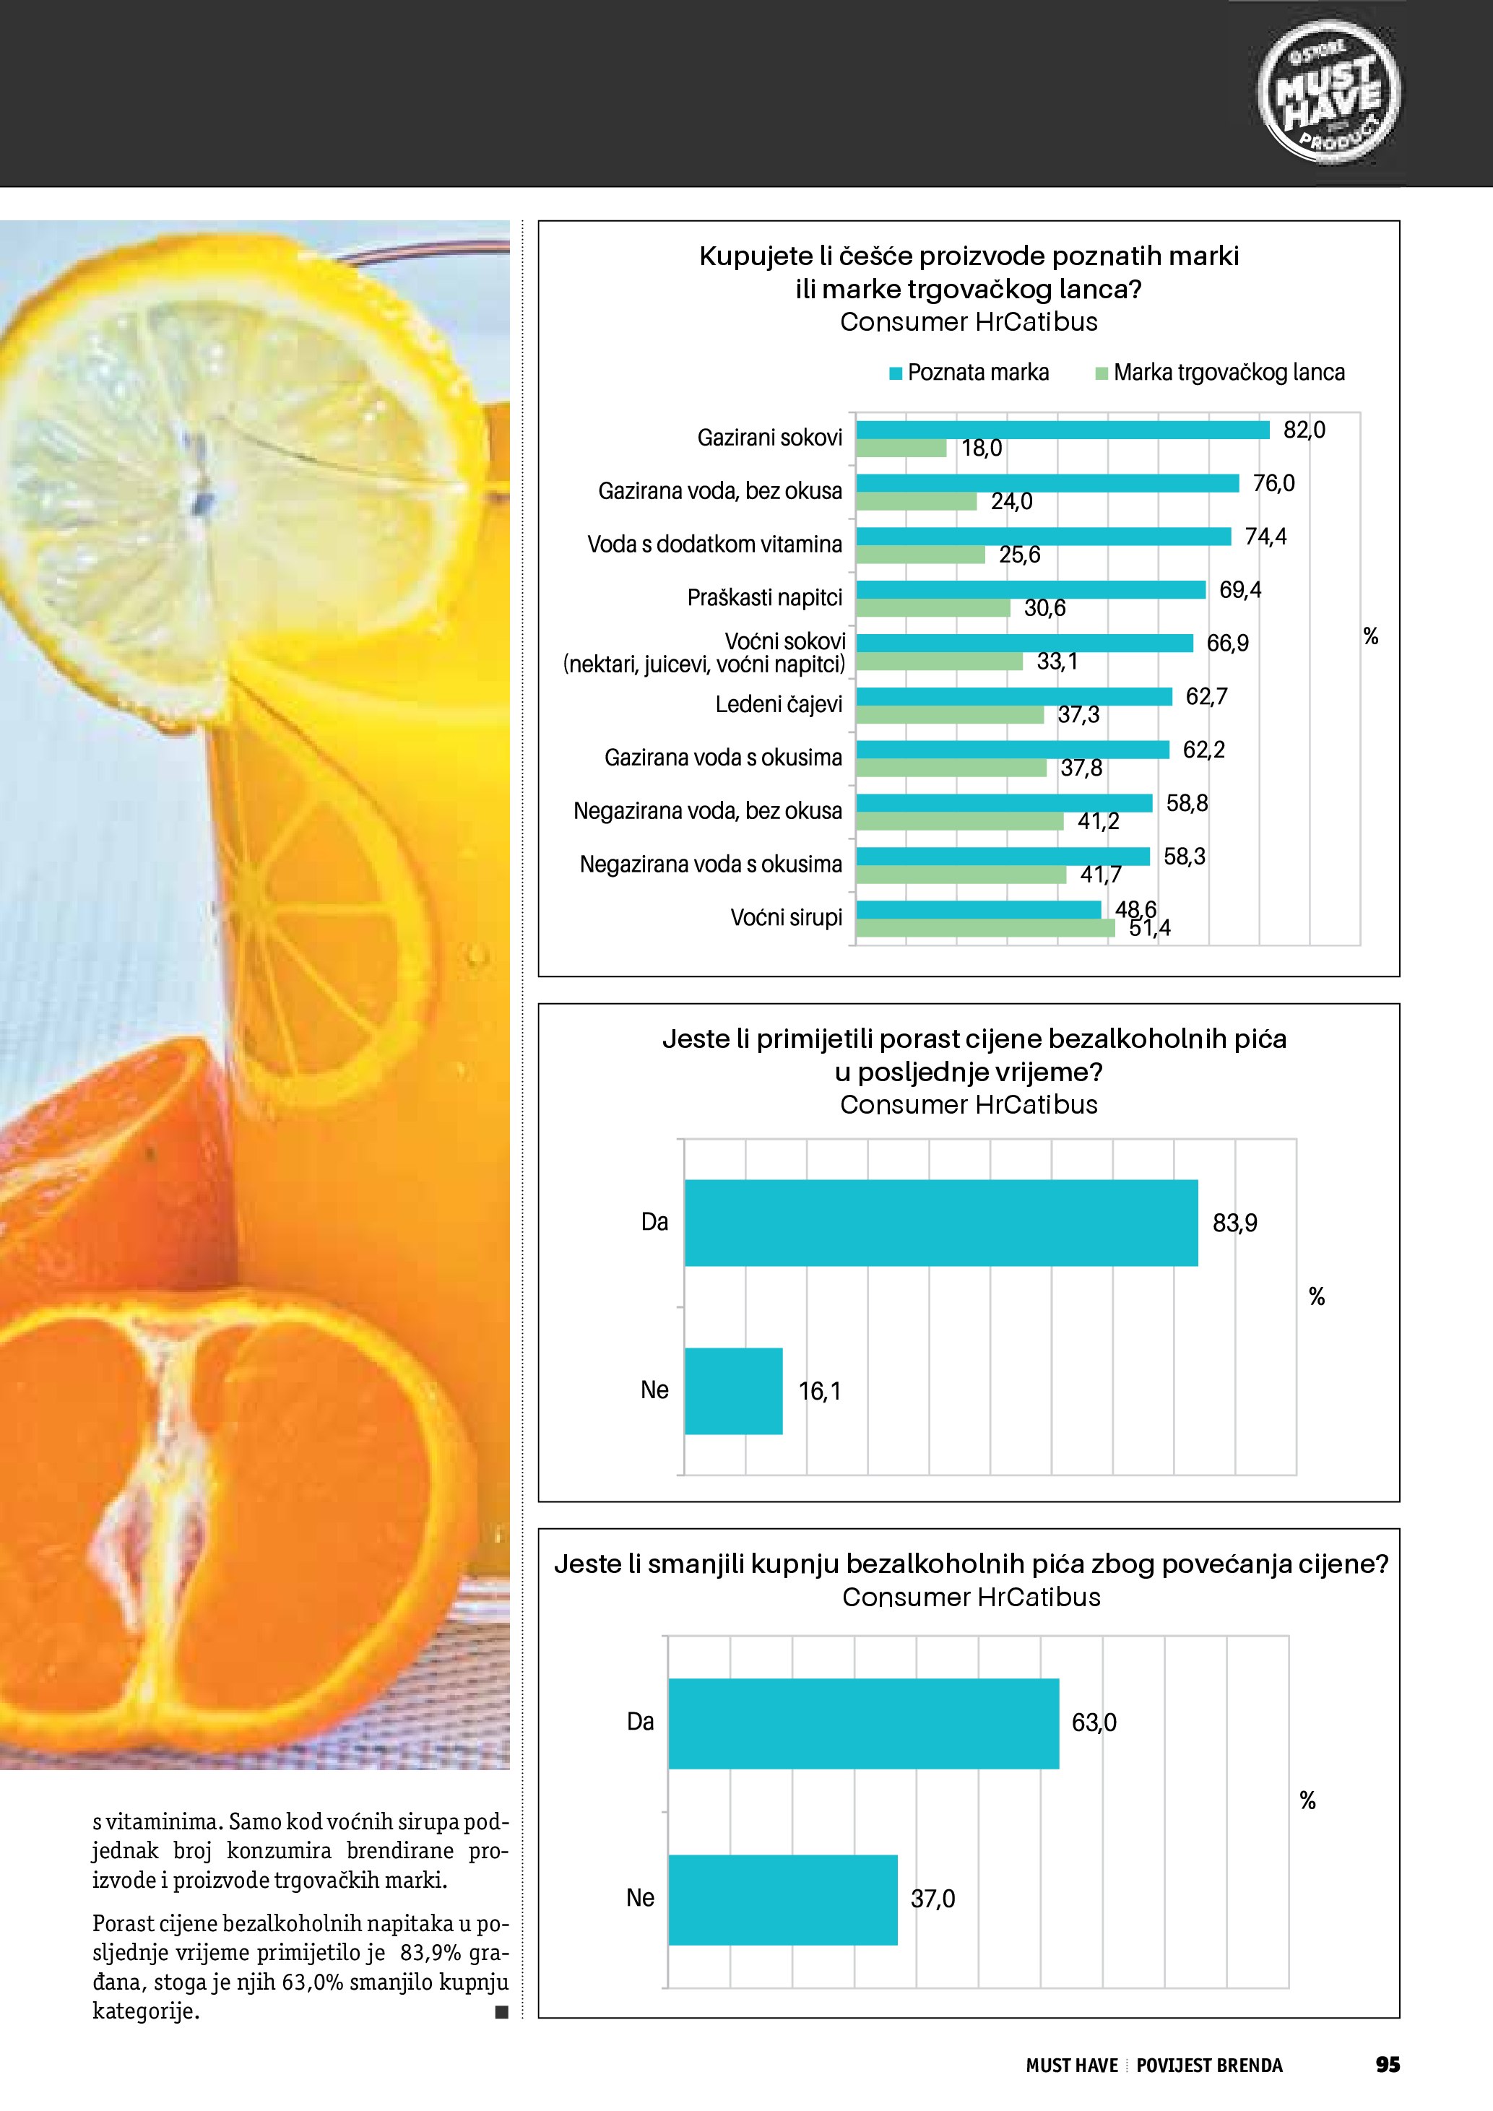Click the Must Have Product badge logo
(1328, 95)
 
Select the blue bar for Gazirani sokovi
(1062, 430)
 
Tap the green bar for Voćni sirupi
(984, 929)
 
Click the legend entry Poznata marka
(969, 373)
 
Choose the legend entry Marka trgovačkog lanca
(1220, 373)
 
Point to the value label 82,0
(1304, 430)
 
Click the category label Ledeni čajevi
(779, 704)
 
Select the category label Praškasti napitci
(765, 598)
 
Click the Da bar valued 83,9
(940, 1222)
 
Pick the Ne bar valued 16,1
(734, 1390)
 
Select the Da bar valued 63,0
(863, 1722)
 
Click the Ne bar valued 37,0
(782, 1899)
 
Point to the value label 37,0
(932, 1899)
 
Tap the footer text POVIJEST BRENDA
(1209, 2065)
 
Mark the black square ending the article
(501, 2012)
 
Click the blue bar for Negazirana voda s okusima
(1002, 856)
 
